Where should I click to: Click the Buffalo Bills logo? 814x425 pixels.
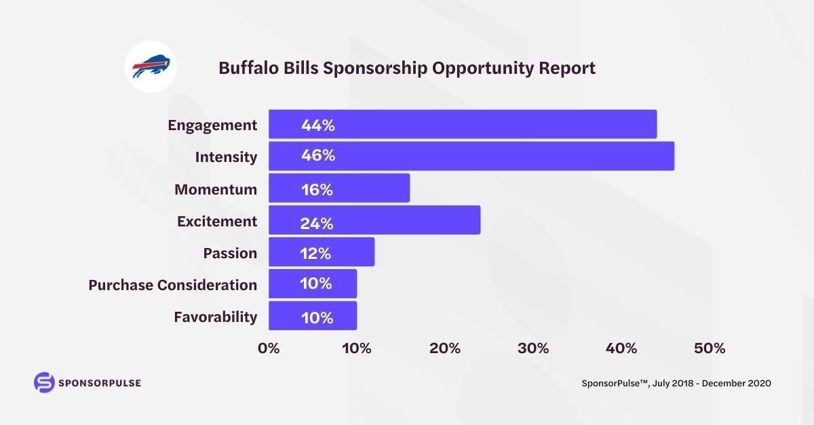[151, 68]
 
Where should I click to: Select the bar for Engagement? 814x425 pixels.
[463, 124]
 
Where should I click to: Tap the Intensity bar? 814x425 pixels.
[471, 156]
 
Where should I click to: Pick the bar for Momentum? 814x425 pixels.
[339, 188]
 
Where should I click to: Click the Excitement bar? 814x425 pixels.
[374, 220]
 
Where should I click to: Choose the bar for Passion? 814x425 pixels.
[322, 252]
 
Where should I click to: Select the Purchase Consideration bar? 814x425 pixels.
[313, 283]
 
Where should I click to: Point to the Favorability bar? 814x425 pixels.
[313, 316]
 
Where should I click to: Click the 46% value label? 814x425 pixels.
[318, 156]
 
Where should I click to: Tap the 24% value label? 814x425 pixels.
[317, 222]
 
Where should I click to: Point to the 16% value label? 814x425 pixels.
[317, 190]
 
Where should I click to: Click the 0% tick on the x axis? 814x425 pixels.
[269, 348]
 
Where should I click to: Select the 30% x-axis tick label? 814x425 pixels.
[533, 348]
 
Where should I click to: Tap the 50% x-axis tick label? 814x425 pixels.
[709, 348]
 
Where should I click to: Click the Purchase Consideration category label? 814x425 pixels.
[173, 285]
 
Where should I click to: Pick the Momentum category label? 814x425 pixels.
[216, 189]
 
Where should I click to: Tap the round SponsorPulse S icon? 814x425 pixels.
[43, 382]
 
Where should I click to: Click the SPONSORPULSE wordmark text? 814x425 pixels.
[100, 383]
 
